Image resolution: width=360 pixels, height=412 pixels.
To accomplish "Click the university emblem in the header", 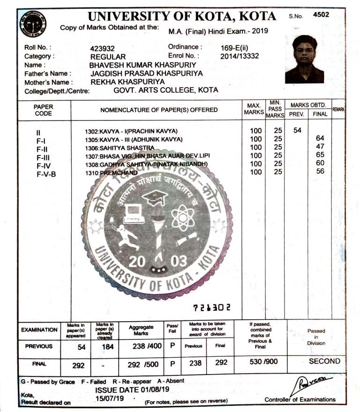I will coord(33,24).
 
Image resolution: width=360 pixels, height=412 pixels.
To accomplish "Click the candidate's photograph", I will coord(304,59).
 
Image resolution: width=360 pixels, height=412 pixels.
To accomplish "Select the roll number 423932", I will coord(102,48).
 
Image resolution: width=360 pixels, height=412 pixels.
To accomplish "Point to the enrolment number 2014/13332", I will coord(240,56).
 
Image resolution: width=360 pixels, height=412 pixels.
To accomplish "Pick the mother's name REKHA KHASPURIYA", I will coord(127,81).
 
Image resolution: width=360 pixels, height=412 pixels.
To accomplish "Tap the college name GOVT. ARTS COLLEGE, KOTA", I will coord(166,90).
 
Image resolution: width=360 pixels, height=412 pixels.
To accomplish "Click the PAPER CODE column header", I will coord(44,110).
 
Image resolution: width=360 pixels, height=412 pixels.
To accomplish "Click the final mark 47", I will coord(321,147).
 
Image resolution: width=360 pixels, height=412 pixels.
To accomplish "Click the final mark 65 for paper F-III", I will coord(321,154).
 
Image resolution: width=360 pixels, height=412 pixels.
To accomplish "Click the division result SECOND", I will coord(324,361).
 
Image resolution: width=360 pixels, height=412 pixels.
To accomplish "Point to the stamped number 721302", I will coord(211,307).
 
